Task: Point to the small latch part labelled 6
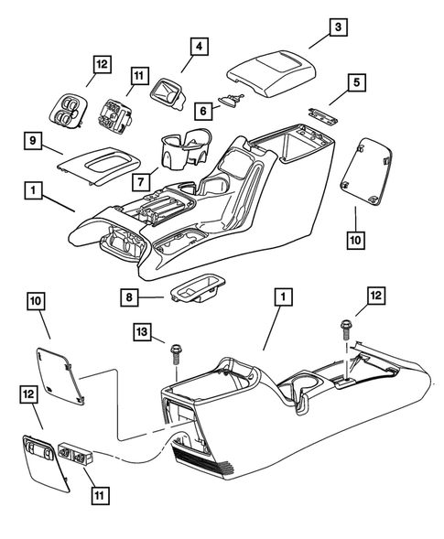pos(233,99)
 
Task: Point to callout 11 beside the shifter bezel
pos(138,77)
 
